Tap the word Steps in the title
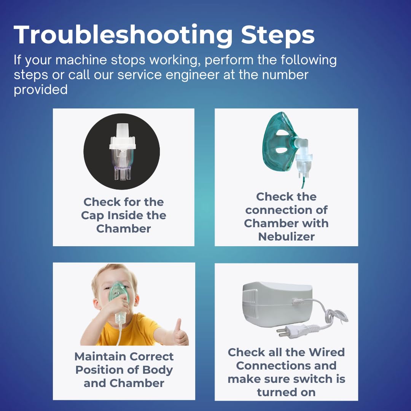coord(278,35)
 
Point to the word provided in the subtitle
coord(41,90)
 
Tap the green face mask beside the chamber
coord(280,140)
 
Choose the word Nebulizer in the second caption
coord(286,237)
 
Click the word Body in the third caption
coord(158,370)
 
